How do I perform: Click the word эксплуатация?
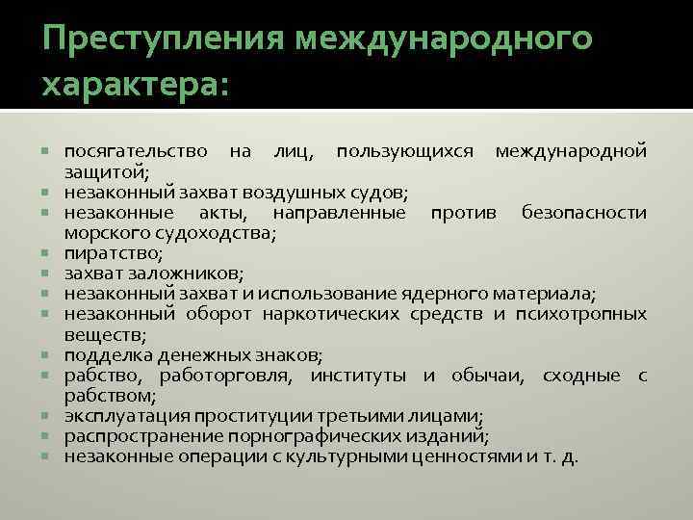click(125, 415)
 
